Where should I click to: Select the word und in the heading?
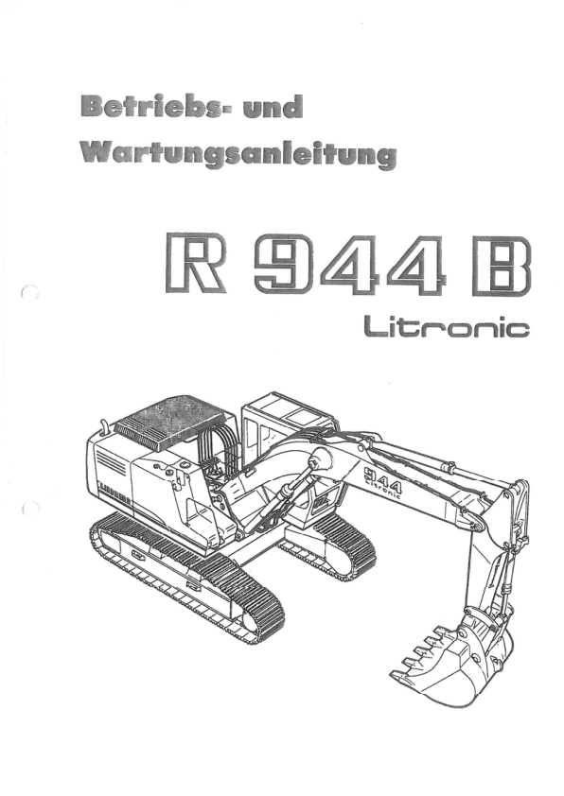tap(273, 107)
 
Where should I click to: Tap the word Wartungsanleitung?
tap(238, 154)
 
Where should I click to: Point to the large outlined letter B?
tap(501, 266)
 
